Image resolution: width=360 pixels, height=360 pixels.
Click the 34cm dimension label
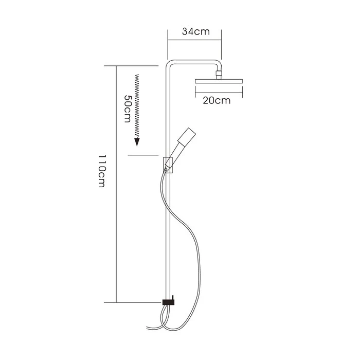195,31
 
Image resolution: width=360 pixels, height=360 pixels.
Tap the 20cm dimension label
217,100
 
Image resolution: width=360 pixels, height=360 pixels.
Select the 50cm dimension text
127,107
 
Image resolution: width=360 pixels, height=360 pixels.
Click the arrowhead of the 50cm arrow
137,142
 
